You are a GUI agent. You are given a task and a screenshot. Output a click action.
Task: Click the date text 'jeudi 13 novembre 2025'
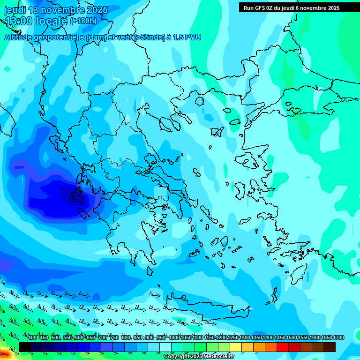[56, 10]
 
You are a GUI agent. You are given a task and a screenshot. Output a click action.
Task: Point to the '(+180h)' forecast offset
[83, 21]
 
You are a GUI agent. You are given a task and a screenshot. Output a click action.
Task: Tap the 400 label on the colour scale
[32, 337]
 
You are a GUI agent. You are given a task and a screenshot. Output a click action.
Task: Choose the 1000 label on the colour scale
[174, 337]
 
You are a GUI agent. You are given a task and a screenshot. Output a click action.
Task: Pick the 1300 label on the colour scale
[245, 337]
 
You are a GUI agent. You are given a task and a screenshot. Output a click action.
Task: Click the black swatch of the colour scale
[25, 347]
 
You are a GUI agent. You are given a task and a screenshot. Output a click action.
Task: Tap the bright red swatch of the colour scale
[282, 347]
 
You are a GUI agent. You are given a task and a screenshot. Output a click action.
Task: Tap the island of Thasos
[199, 101]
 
